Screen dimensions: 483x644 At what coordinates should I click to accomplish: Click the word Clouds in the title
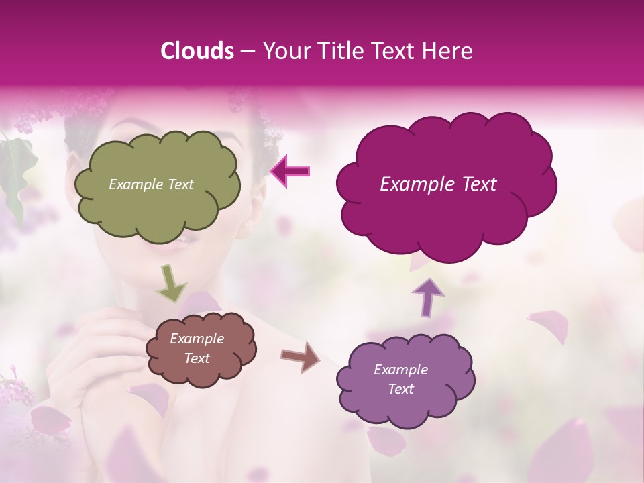pos(197,51)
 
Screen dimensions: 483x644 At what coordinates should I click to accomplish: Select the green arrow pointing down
pos(170,283)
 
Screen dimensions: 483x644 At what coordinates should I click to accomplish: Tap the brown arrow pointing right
pos(300,356)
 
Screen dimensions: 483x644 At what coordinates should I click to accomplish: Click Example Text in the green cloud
pos(151,184)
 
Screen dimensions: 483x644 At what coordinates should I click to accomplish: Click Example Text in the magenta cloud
pos(438,184)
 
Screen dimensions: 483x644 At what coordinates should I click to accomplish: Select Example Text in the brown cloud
pos(197,349)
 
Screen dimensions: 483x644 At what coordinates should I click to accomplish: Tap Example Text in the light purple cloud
pos(400,379)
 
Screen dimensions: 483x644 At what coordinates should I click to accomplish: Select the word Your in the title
pos(283,51)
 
